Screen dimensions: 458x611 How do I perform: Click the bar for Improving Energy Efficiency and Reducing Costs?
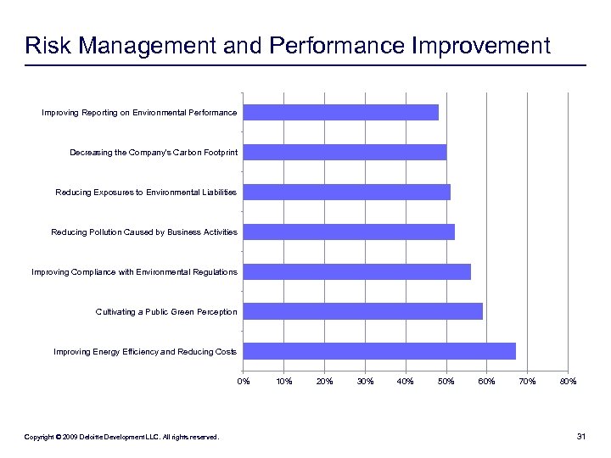click(x=379, y=351)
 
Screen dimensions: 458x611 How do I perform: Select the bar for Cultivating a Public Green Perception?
click(x=363, y=311)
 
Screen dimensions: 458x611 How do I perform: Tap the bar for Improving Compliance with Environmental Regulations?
click(x=357, y=271)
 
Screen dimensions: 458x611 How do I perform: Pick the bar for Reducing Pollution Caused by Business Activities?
click(x=349, y=232)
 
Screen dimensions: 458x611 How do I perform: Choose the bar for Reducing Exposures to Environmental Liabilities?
click(x=347, y=192)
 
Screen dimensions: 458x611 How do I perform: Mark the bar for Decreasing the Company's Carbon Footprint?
click(x=345, y=152)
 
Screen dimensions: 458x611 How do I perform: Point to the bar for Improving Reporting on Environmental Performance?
click(x=341, y=112)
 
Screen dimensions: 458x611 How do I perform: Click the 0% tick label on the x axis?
click(x=244, y=381)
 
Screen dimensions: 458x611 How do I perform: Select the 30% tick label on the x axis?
click(x=365, y=381)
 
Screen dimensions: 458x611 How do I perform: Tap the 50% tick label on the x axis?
click(x=446, y=381)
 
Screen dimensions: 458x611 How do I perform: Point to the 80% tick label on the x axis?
click(x=568, y=381)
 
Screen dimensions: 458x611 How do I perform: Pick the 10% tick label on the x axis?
click(x=284, y=381)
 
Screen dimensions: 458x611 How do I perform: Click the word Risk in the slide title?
click(x=46, y=45)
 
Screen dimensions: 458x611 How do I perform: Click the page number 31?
click(x=581, y=437)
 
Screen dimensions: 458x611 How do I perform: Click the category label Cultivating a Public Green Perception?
click(x=166, y=312)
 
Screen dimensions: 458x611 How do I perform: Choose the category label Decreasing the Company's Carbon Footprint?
click(x=154, y=153)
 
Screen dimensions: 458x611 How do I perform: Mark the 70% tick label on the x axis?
click(x=528, y=381)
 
